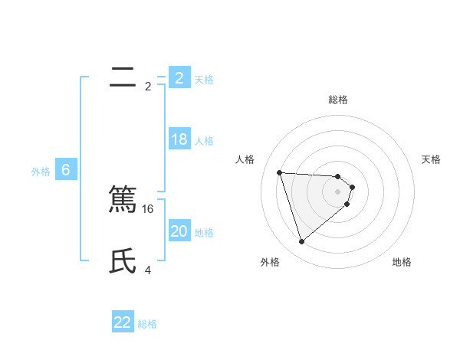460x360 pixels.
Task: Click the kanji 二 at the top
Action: point(123,77)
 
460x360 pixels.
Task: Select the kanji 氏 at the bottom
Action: point(123,261)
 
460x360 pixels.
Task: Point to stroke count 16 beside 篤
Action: point(149,209)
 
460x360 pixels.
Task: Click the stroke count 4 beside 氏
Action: point(148,270)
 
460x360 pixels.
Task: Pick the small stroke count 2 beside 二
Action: point(148,87)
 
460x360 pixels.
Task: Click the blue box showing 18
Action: point(179,139)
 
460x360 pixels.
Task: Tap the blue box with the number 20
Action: point(179,231)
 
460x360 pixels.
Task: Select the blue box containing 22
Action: point(123,322)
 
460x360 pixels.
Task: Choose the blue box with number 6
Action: point(66,170)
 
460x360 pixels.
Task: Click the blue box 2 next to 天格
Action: point(179,78)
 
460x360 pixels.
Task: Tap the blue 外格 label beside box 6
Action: point(41,172)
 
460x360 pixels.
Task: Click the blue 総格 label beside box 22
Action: point(147,324)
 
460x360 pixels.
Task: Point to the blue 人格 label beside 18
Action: point(204,141)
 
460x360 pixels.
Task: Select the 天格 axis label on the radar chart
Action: point(432,159)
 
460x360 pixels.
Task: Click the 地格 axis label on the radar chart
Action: point(402,262)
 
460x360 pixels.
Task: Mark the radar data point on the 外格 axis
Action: point(301,242)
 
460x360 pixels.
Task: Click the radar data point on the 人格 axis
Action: point(279,172)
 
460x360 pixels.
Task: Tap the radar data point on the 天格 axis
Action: point(352,187)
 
